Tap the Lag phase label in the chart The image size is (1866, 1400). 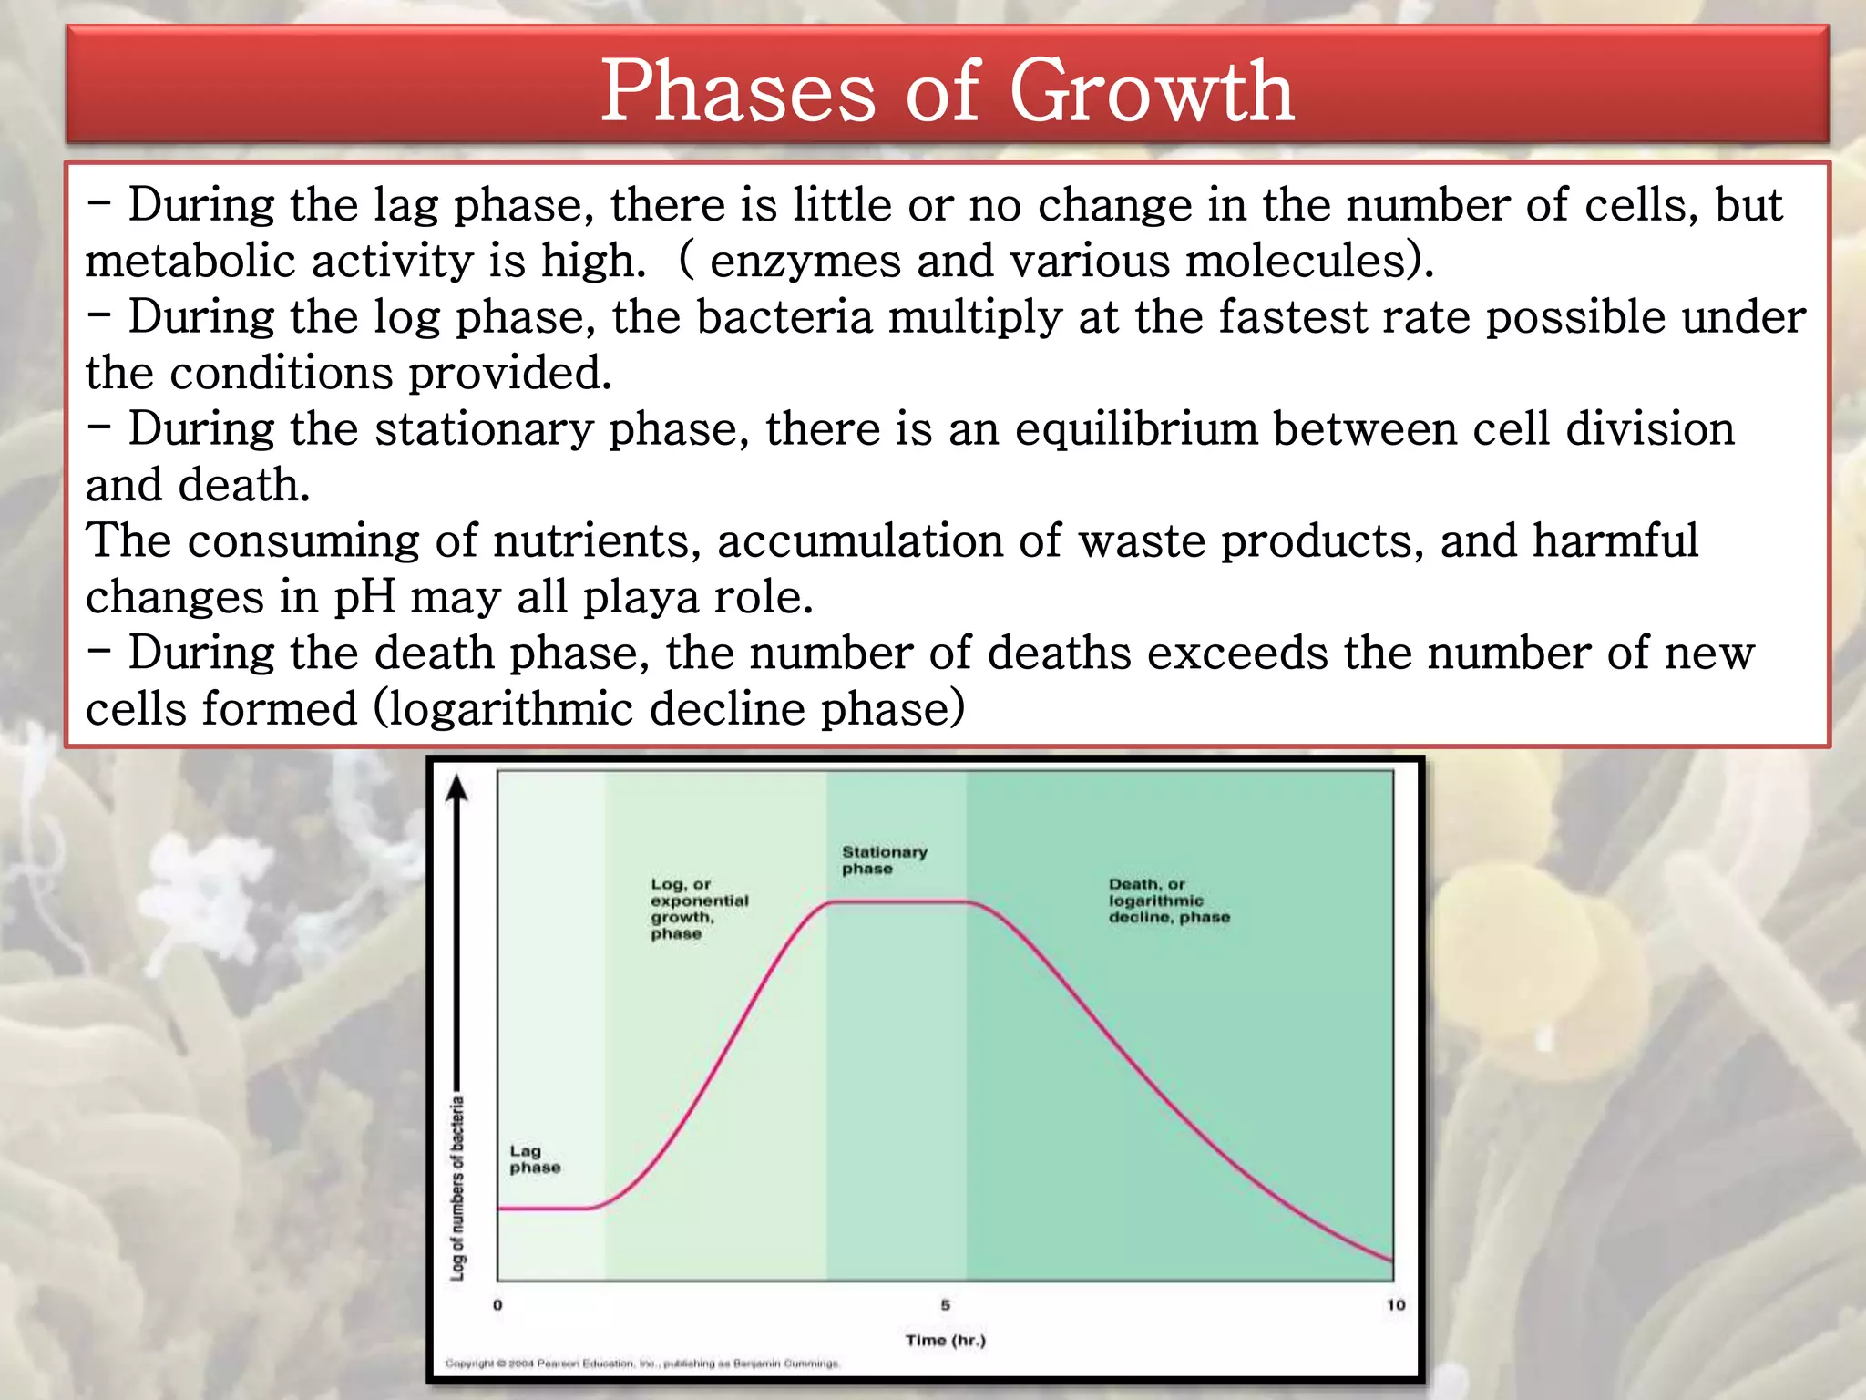[x=534, y=1159]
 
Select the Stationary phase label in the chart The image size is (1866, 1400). [x=883, y=860]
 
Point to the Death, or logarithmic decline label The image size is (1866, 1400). [x=1168, y=901]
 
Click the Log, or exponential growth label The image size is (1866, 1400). [x=698, y=908]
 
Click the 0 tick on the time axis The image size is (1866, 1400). [x=497, y=1305]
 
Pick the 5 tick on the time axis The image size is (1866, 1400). [x=945, y=1305]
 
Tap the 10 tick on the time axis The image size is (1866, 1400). [x=1395, y=1305]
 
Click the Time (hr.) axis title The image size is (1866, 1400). [x=945, y=1340]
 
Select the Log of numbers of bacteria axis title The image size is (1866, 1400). [x=457, y=1187]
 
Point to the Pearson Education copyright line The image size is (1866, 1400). [x=641, y=1364]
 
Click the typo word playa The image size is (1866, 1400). [x=640, y=598]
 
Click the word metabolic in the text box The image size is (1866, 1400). [x=190, y=262]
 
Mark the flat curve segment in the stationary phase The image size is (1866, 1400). [x=897, y=901]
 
